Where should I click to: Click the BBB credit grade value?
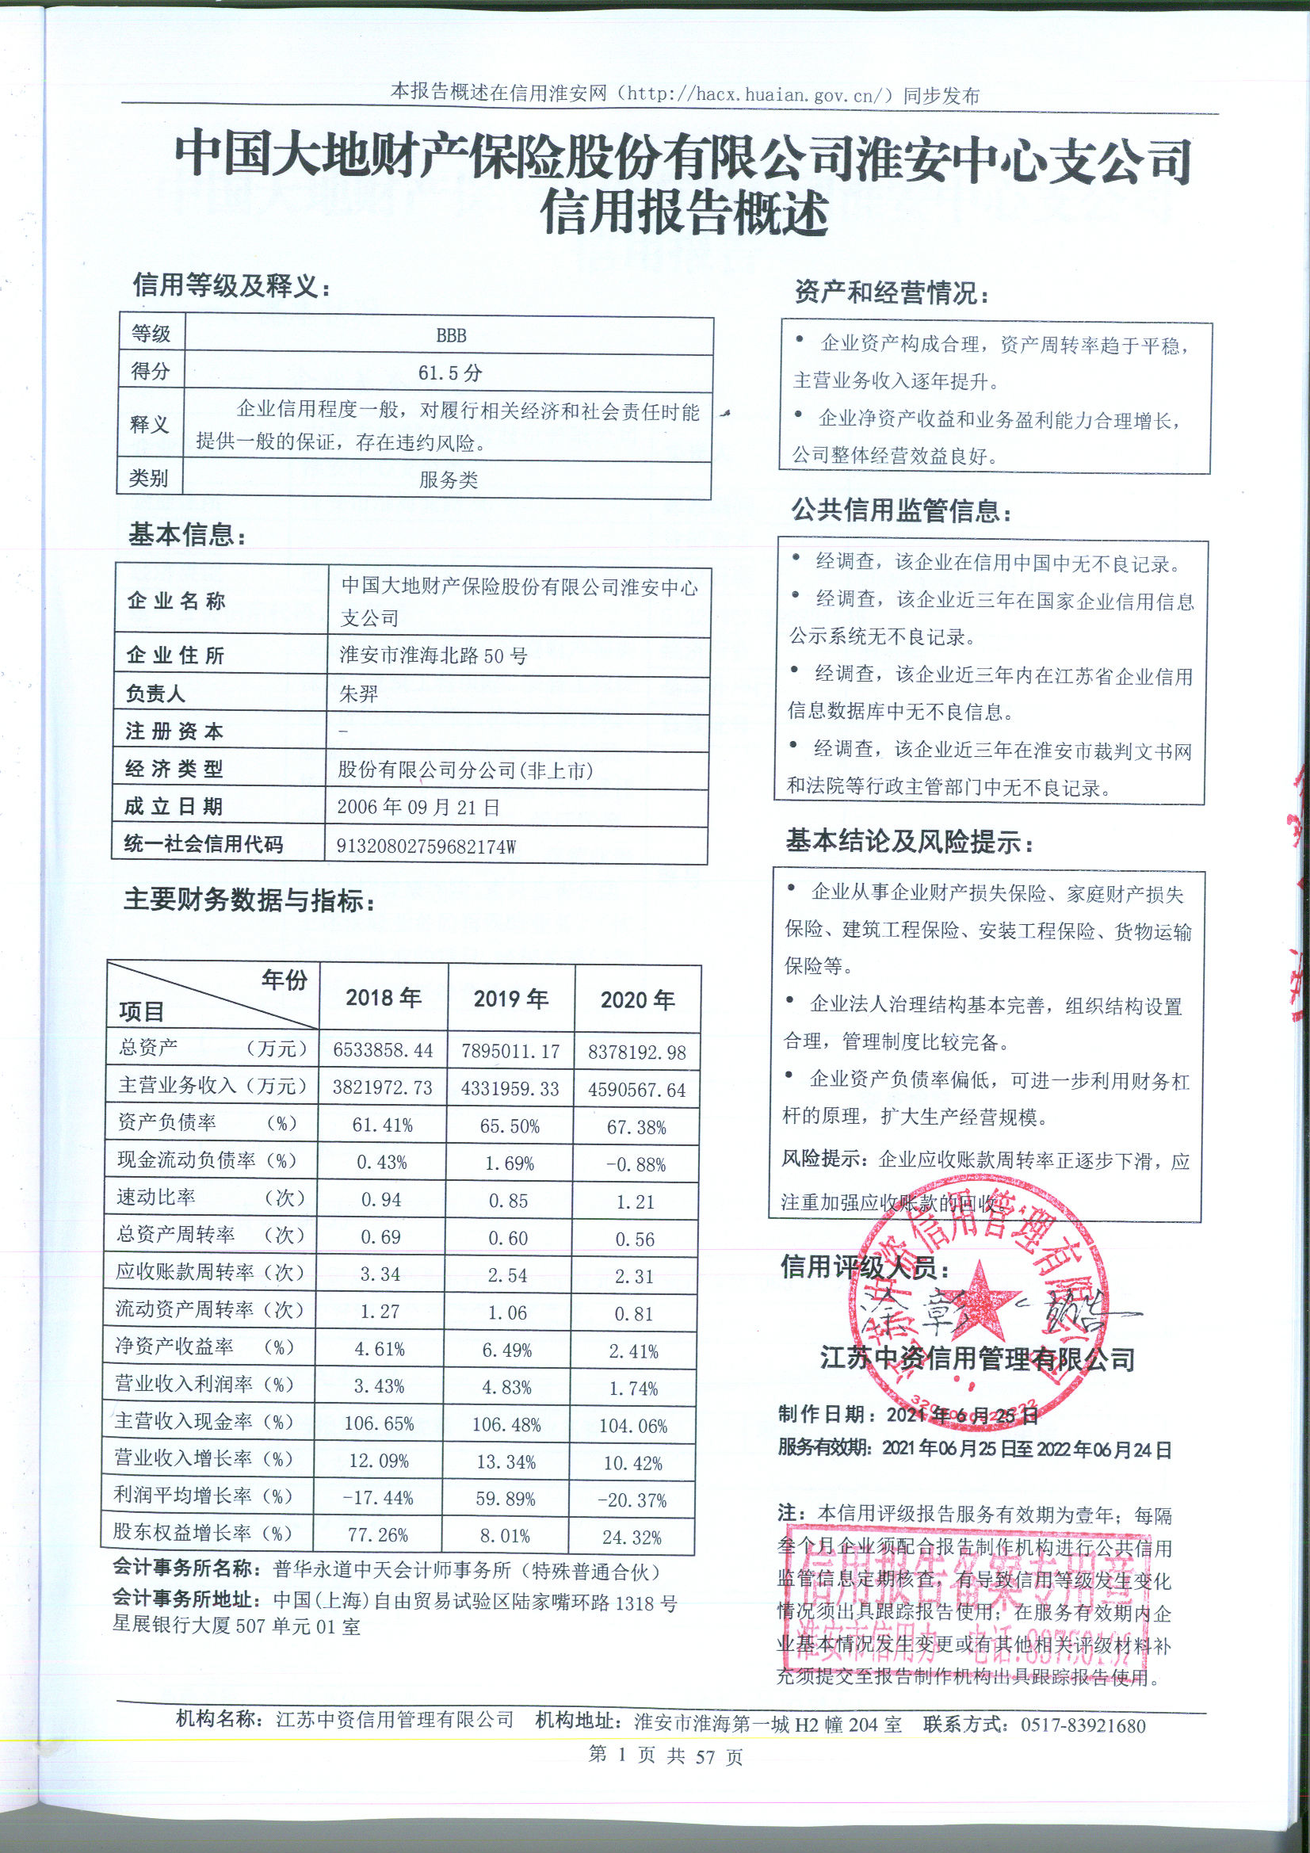450,335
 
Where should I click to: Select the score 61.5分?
449,373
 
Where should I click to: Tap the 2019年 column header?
511,999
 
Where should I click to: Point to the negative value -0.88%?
636,1164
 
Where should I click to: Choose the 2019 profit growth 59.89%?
507,1499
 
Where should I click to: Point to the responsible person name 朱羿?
358,693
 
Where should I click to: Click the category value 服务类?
448,480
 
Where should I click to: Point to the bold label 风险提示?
821,1160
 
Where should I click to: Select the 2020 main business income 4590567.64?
637,1090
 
